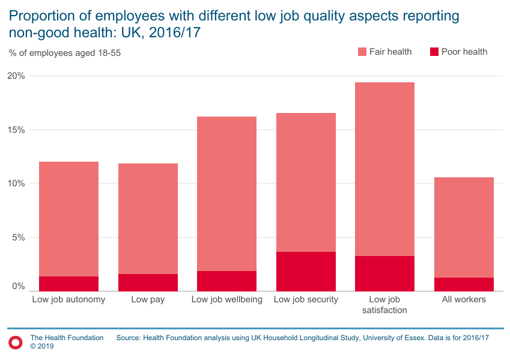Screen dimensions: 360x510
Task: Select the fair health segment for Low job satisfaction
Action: click(x=384, y=169)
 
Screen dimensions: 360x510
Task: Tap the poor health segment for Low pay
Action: click(x=148, y=282)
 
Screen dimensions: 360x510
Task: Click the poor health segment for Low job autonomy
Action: click(x=68, y=284)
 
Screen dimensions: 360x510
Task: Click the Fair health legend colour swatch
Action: click(x=362, y=52)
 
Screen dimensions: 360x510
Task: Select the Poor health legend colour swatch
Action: click(x=434, y=52)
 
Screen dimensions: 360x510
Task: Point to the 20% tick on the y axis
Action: click(x=16, y=76)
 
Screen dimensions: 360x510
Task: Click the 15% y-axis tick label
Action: click(x=16, y=130)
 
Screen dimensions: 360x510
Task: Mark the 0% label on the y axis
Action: click(x=19, y=287)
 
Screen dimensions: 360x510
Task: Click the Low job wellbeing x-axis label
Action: click(x=226, y=299)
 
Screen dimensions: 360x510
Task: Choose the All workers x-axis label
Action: click(x=464, y=299)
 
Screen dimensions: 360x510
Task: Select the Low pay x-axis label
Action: click(x=148, y=299)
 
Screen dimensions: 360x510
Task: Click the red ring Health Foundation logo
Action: click(x=16, y=342)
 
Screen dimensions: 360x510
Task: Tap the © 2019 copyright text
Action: click(x=42, y=347)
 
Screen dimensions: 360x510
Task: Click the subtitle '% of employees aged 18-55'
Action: click(x=65, y=53)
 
